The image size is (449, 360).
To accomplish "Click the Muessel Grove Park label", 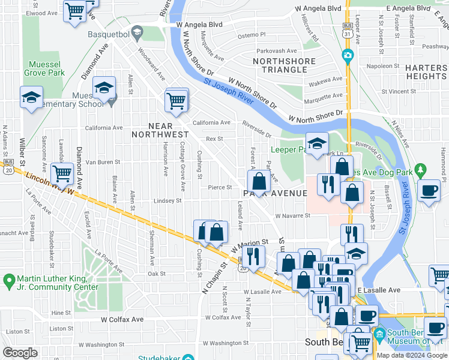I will (44, 68).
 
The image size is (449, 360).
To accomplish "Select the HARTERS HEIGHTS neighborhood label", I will (426, 72).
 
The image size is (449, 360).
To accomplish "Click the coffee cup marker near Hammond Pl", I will (429, 191).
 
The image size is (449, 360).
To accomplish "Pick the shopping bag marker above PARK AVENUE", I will (259, 181).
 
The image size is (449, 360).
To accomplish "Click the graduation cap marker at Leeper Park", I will (316, 144).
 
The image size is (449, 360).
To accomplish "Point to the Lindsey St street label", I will (167, 201).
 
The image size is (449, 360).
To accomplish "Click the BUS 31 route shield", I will (348, 31).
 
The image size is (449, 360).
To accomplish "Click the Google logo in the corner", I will (20, 353).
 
